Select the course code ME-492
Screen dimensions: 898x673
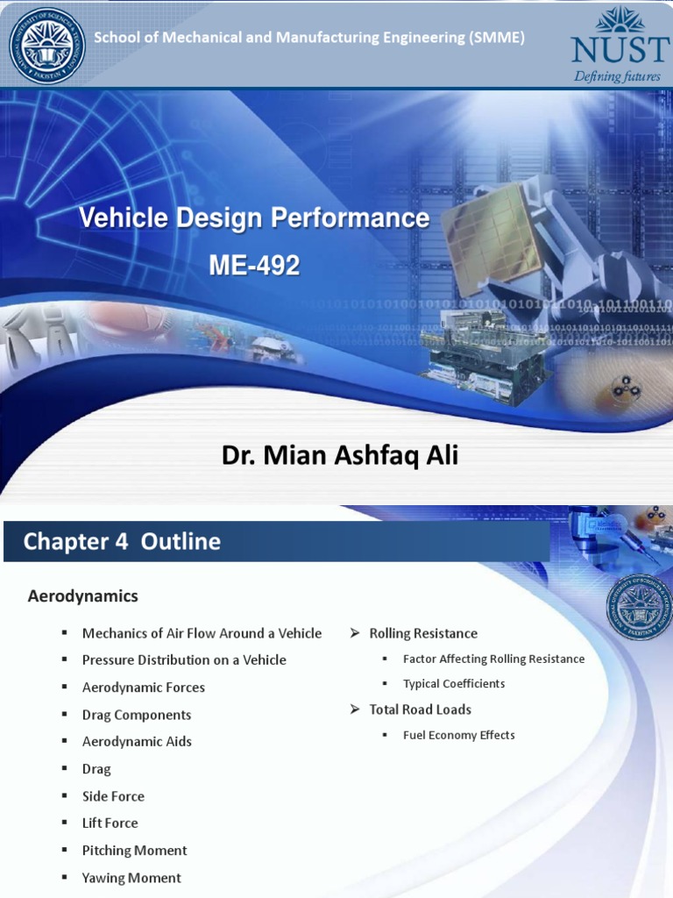(x=254, y=264)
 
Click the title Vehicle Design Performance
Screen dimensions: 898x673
(x=254, y=217)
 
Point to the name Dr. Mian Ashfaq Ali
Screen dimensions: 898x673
(x=340, y=456)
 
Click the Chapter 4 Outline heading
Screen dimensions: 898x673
(x=122, y=541)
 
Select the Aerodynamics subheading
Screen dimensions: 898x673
(x=83, y=596)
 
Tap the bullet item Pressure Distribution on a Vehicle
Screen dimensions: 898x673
(x=184, y=659)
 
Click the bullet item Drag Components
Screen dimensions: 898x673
(x=137, y=715)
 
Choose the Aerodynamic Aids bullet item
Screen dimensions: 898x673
(x=137, y=741)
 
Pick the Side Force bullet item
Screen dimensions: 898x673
(x=113, y=796)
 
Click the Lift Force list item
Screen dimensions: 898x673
(x=110, y=823)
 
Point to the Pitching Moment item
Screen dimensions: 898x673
(x=134, y=850)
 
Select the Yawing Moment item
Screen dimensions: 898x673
(x=131, y=878)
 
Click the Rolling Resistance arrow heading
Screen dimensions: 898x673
(x=423, y=633)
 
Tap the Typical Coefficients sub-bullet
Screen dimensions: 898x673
(x=454, y=683)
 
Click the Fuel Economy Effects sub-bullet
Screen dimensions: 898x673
(x=459, y=735)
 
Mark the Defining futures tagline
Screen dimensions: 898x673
(x=617, y=76)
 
